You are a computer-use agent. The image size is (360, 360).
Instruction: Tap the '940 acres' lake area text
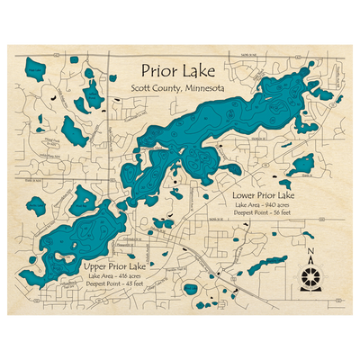coord(282,206)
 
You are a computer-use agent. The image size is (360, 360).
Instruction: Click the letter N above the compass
coord(310,251)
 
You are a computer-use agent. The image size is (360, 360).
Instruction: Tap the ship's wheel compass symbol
coord(311,275)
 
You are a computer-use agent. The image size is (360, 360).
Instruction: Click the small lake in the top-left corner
coord(37,68)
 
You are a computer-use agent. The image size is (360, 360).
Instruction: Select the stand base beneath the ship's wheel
coord(311,290)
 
